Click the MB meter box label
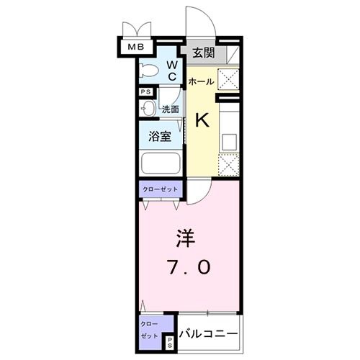click(x=135, y=48)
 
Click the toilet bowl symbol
click(x=150, y=71)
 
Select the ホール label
click(x=201, y=81)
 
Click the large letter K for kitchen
click(x=202, y=120)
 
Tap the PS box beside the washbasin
click(x=145, y=92)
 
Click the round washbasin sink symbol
click(x=148, y=108)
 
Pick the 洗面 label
click(x=170, y=109)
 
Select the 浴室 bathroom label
click(x=160, y=137)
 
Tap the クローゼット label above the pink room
click(x=161, y=189)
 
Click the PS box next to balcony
click(x=169, y=342)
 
